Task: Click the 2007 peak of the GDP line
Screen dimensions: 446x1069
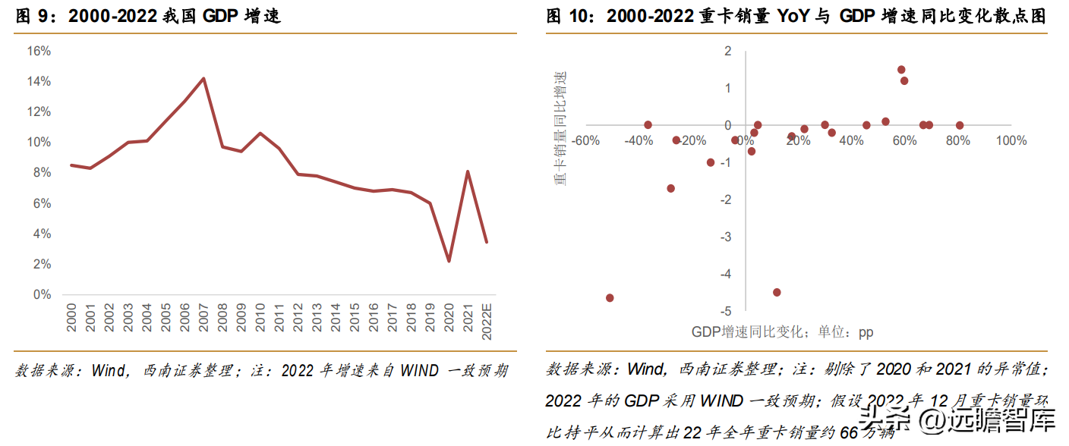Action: tap(203, 78)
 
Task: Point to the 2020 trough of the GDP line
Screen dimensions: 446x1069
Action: tap(449, 261)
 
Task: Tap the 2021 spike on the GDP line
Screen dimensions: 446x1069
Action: tap(468, 171)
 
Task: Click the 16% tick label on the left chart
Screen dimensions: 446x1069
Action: tap(39, 51)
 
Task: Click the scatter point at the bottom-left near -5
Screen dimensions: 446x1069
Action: tap(610, 298)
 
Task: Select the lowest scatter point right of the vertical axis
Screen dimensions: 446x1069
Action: tap(777, 292)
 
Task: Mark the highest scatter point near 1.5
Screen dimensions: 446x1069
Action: tap(901, 70)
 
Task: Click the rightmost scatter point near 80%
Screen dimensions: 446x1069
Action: tap(960, 125)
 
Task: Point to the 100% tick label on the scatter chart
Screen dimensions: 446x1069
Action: tap(1011, 141)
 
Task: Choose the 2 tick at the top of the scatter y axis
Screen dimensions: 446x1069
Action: tap(728, 51)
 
